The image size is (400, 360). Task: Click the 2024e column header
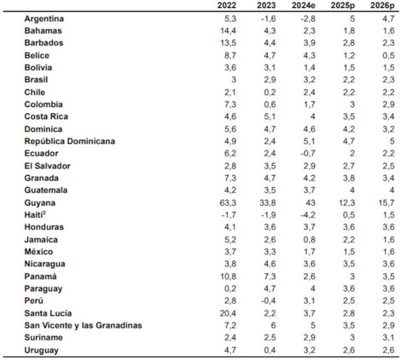click(x=305, y=6)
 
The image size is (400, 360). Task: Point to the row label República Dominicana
click(x=69, y=141)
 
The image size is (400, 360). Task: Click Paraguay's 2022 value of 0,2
click(x=228, y=288)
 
